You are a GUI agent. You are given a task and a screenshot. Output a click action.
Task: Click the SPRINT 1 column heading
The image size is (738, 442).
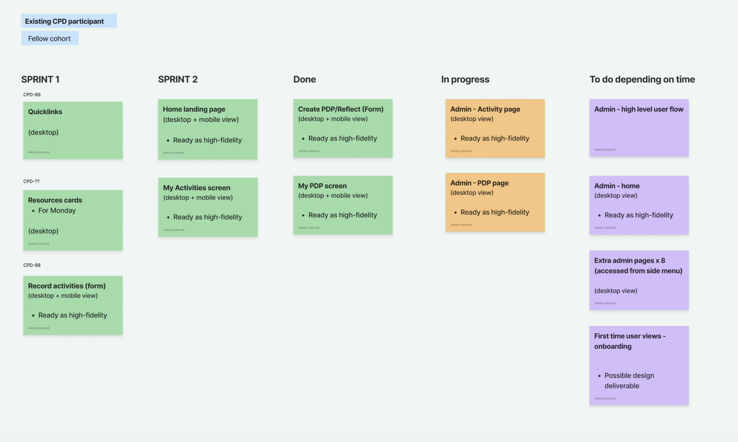40,79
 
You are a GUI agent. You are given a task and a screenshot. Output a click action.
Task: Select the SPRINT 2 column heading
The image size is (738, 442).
178,79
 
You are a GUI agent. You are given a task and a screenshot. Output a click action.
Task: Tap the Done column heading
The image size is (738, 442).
304,79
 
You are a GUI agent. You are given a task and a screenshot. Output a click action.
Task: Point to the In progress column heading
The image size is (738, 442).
465,80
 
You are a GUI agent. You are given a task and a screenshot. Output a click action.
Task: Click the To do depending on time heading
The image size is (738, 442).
642,80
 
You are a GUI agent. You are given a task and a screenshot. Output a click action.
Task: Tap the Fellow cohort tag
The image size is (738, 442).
50,38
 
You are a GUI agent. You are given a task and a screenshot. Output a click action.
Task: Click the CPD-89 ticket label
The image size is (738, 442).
32,94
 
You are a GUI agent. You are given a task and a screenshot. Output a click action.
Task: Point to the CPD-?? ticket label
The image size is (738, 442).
31,181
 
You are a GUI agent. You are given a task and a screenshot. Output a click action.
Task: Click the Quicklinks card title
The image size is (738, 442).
45,112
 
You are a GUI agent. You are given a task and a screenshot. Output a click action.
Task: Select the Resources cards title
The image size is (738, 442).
55,200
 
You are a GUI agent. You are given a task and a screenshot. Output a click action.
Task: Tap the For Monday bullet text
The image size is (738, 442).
57,211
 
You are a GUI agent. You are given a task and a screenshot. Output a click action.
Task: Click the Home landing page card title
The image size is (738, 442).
194,109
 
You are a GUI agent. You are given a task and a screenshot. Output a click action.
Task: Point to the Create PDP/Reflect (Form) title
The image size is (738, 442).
341,109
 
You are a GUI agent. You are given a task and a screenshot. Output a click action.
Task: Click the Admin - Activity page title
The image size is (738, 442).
485,109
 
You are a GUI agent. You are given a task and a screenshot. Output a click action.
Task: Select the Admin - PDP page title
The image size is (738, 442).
479,183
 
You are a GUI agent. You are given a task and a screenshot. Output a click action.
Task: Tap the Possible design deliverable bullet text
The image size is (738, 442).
629,381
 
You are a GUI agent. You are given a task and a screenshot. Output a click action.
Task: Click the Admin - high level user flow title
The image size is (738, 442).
639,109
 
